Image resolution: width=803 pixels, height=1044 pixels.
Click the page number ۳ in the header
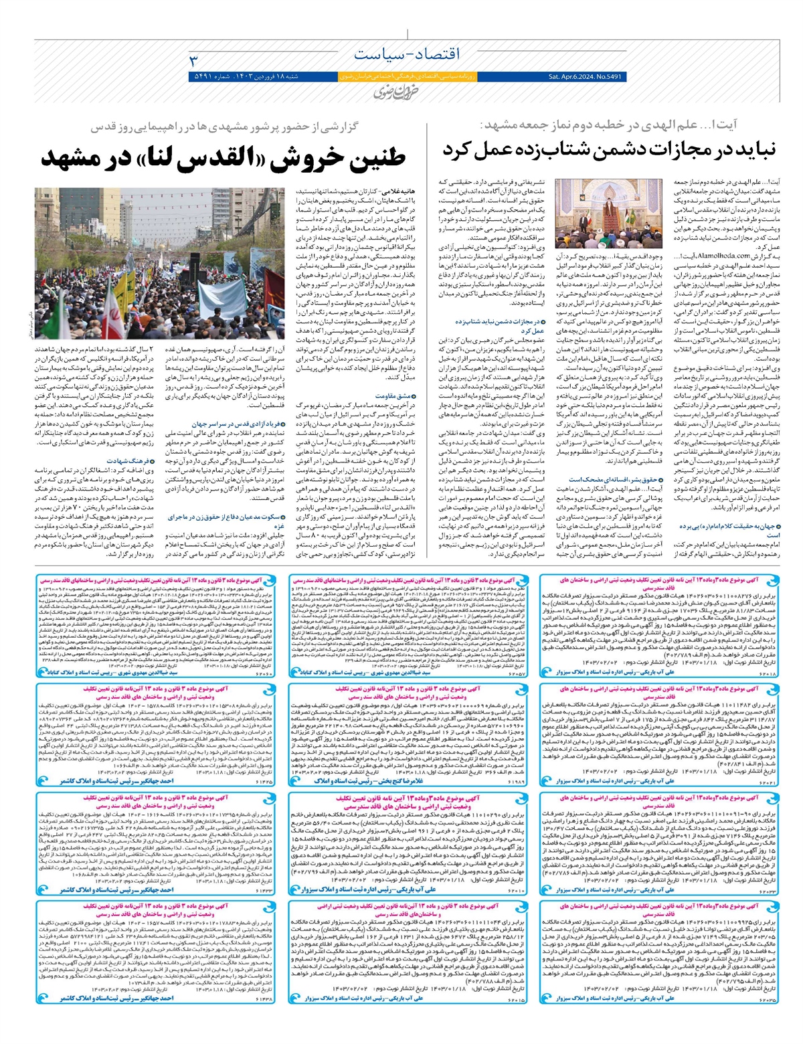(x=195, y=60)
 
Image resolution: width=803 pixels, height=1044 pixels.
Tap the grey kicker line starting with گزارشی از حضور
(x=262, y=126)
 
